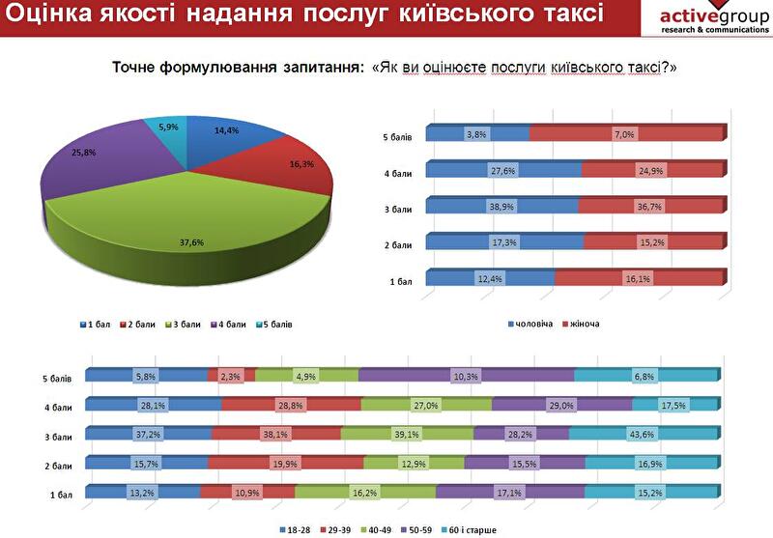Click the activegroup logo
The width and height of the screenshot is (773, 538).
coord(714,18)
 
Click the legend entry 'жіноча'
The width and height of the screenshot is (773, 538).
coord(584,323)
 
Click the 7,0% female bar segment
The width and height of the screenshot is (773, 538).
coord(626,134)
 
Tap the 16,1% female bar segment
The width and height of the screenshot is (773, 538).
coord(638,279)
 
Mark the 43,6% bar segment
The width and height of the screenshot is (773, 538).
coord(643,434)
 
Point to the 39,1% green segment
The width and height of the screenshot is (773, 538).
coord(407,434)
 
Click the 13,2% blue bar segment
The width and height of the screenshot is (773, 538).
coord(143,493)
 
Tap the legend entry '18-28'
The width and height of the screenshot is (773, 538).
coord(295,530)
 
